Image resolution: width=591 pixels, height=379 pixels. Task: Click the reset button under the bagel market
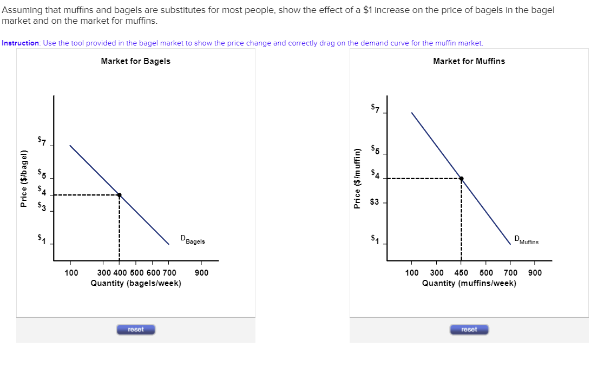point(136,330)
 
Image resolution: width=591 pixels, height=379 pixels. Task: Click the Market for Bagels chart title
point(135,61)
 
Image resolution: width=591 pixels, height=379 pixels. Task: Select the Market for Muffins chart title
point(469,61)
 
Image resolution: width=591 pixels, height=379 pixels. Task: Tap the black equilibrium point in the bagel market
point(119,195)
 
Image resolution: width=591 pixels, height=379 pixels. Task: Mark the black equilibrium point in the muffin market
point(461,178)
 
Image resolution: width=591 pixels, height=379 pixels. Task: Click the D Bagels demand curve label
point(193,240)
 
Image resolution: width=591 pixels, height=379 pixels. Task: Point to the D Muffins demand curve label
point(526,240)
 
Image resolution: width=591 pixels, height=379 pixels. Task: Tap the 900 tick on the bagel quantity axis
point(201,272)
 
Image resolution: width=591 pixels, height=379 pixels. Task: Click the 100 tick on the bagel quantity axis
point(71,272)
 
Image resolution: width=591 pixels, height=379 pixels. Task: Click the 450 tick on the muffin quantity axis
point(461,272)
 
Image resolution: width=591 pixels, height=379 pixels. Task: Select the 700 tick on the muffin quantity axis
point(510,272)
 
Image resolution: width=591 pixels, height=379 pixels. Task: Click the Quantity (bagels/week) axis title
point(136,283)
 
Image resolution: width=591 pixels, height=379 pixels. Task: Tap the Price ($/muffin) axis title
point(357,178)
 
